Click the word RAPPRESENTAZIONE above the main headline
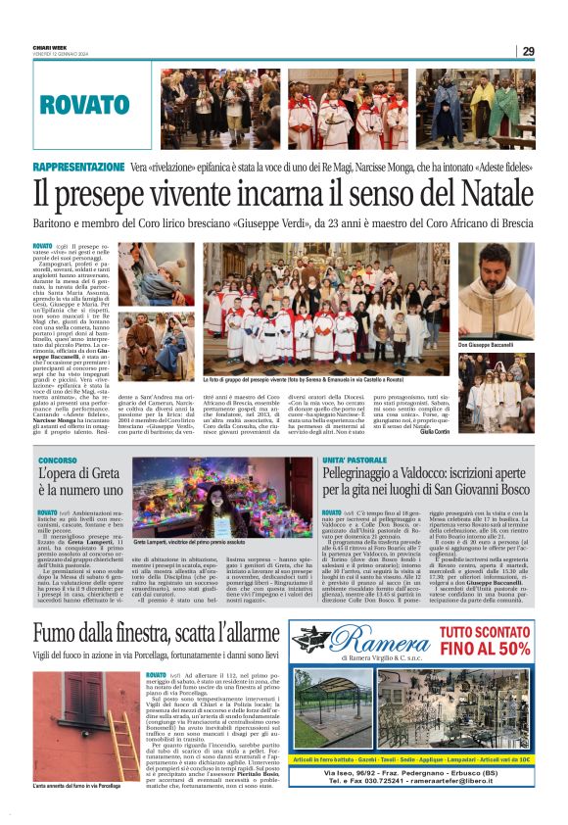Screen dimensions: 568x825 [78, 168]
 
